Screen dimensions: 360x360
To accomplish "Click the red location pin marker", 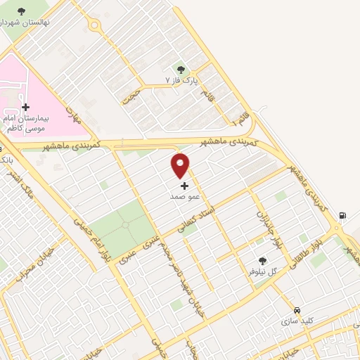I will [181, 165].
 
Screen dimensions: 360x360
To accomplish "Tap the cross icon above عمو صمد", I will [185, 186].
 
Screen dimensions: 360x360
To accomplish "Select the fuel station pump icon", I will [342, 216].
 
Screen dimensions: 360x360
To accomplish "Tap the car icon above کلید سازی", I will [297, 310].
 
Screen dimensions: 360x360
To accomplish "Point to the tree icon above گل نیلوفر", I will [262, 260].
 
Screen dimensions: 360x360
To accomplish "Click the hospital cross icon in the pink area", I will [26, 108].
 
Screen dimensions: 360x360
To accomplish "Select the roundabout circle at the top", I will [94, 26].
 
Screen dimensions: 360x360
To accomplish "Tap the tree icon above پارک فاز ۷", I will [181, 70].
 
